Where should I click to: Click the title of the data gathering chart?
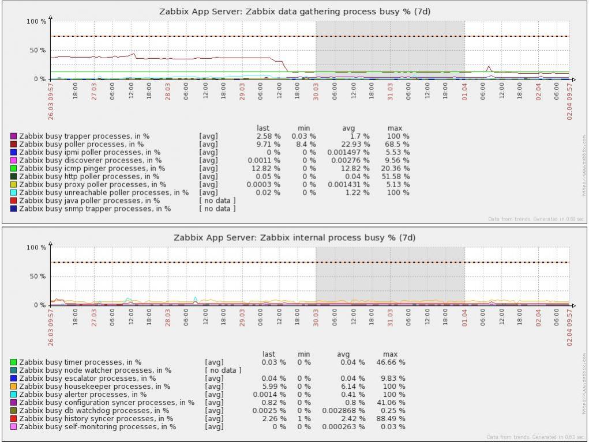295,11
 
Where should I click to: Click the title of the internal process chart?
295,237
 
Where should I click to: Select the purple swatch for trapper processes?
13,137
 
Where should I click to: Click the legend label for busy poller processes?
81,144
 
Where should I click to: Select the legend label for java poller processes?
89,200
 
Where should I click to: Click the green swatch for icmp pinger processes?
13,169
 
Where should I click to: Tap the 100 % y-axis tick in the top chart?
36,21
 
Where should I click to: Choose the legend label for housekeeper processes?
95,387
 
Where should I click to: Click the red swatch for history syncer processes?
13,419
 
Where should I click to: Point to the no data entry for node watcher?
223,370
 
